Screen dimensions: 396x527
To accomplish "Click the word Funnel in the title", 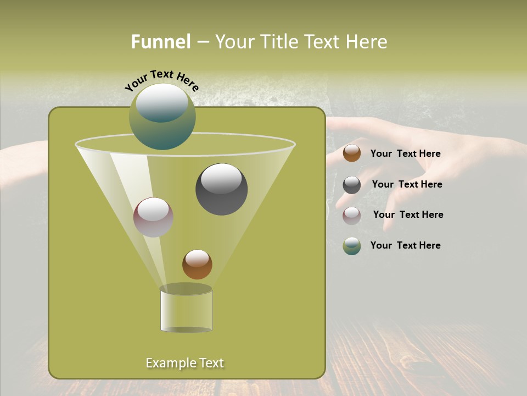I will (x=160, y=42).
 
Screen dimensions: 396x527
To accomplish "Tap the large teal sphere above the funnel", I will (x=162, y=117).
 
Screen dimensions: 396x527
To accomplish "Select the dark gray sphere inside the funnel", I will (x=221, y=189).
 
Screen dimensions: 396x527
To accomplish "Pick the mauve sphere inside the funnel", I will (x=153, y=217).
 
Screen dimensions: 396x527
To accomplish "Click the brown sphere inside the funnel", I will (x=197, y=264).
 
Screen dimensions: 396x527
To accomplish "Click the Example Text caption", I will (x=184, y=363).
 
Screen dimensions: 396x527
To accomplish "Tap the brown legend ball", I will (x=352, y=153).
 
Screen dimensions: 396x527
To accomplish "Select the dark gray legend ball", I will (x=352, y=185).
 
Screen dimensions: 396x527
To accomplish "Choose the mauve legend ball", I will (x=352, y=216).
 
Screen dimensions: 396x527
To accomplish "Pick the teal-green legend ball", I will (x=352, y=246).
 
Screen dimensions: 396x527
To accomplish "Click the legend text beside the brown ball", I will (x=405, y=154).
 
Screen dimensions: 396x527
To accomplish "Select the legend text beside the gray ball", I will (x=407, y=185).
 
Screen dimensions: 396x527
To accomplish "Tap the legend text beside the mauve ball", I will (x=408, y=215).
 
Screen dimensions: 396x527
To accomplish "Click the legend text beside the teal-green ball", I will (x=405, y=245).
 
